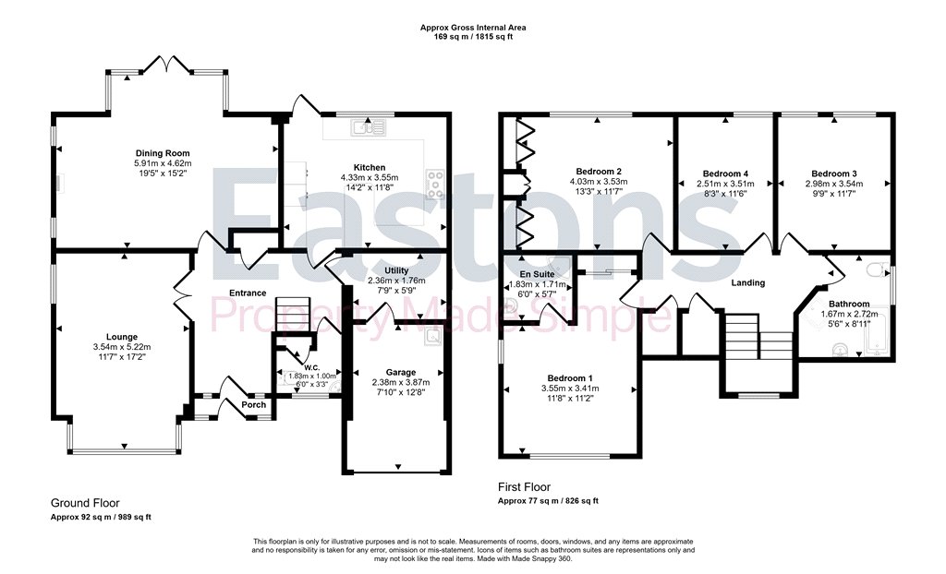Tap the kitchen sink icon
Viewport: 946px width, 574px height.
370,126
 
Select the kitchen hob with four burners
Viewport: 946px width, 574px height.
436,185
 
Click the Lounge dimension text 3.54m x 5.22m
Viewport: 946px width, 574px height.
122,347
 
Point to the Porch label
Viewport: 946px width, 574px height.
253,404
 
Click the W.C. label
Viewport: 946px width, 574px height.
312,368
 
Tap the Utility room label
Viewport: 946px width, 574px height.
396,270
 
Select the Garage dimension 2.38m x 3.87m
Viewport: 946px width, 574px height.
401,382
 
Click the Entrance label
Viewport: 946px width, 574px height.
248,293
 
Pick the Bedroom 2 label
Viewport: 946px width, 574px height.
599,172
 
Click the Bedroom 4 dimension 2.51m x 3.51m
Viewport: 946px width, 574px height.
725,184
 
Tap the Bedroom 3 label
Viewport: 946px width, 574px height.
834,173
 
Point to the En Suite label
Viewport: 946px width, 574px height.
537,274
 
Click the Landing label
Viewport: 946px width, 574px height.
748,282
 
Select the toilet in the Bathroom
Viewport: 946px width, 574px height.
876,269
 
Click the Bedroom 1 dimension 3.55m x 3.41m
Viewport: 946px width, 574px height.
570,389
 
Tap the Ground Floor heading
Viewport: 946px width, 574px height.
85,503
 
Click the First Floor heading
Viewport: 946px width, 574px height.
525,486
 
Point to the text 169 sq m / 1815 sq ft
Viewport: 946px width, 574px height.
473,36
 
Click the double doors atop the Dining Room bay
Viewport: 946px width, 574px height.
168,64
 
